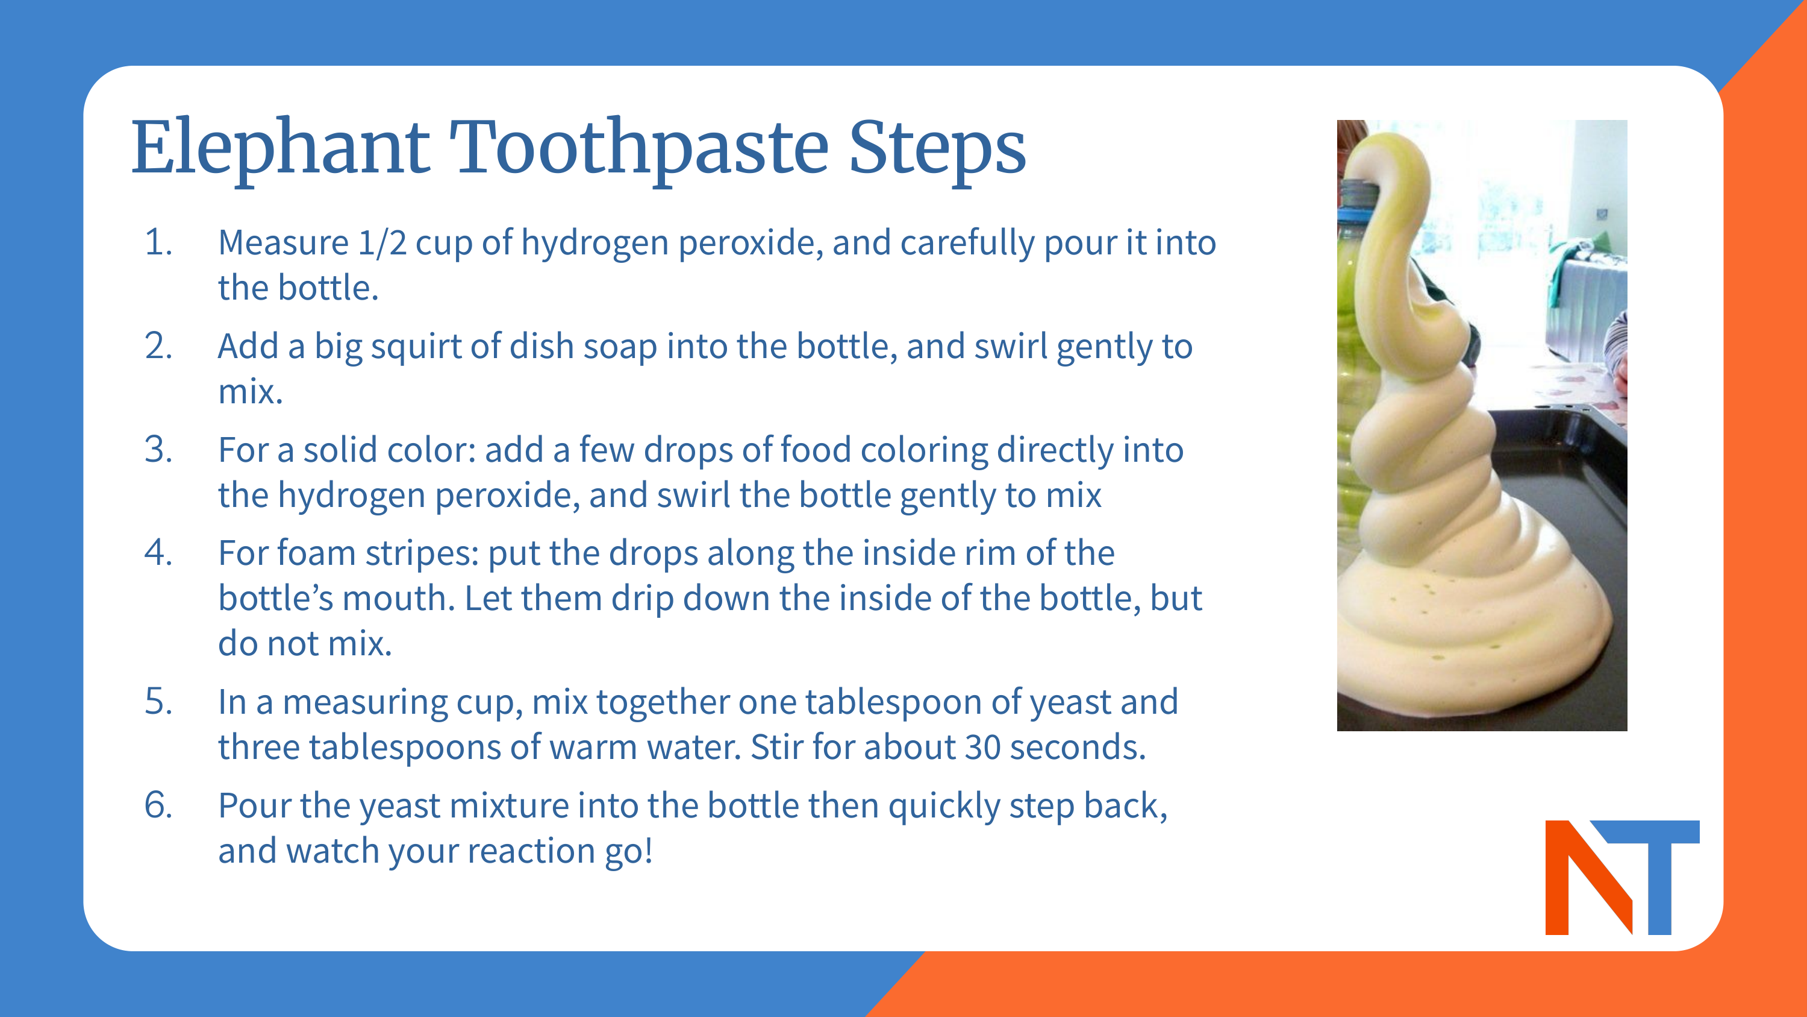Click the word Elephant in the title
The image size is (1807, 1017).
[281, 149]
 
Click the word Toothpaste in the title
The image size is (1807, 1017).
[639, 149]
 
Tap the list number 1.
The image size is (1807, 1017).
[158, 242]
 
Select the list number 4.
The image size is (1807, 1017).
[158, 552]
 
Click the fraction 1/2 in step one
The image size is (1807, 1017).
[382, 244]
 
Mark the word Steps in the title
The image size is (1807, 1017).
[937, 149]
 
